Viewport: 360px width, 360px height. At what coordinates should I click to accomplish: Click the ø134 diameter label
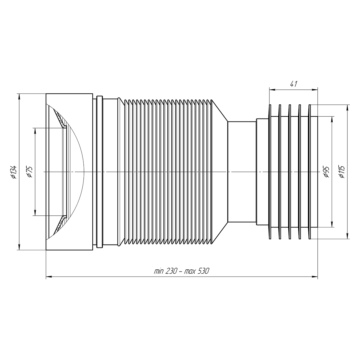pyautogui.click(x=14, y=172)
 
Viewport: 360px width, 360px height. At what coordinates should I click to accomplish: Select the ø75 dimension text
pyautogui.click(x=29, y=172)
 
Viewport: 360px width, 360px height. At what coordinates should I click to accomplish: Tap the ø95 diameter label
pyautogui.click(x=326, y=172)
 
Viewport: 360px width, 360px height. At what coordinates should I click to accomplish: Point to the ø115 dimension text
pyautogui.click(x=342, y=172)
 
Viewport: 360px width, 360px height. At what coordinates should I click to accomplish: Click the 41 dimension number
pyautogui.click(x=293, y=84)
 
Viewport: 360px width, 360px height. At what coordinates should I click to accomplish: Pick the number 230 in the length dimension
pyautogui.click(x=171, y=271)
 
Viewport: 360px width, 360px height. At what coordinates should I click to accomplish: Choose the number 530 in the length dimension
pyautogui.click(x=203, y=271)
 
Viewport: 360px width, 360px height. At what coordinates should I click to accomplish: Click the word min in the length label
pyautogui.click(x=159, y=271)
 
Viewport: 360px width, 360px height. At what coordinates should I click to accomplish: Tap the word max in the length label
pyautogui.click(x=190, y=271)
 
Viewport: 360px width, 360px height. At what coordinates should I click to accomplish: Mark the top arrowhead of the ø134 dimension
pyautogui.click(x=18, y=96)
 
